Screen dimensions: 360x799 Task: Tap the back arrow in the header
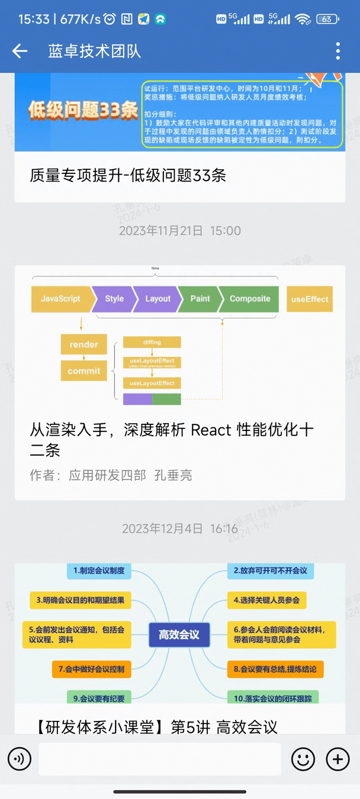pyautogui.click(x=20, y=51)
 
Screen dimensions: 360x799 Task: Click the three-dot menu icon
pyautogui.click(x=338, y=51)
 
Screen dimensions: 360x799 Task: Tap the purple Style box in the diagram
pyautogui.click(x=114, y=299)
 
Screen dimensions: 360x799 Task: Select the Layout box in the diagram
pyautogui.click(x=157, y=299)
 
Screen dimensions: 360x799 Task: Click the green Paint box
pyautogui.click(x=200, y=299)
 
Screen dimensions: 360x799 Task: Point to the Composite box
pyautogui.click(x=249, y=299)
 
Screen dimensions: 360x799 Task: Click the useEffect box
pyautogui.click(x=310, y=299)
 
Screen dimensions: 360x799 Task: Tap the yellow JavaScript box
pyautogui.click(x=60, y=299)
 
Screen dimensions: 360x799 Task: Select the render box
pyautogui.click(x=84, y=344)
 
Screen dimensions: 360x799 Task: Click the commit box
pyautogui.click(x=84, y=371)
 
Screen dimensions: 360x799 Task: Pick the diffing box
pyautogui.click(x=152, y=342)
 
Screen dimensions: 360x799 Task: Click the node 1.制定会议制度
pyautogui.click(x=99, y=571)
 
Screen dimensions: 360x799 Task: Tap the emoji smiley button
pyautogui.click(x=303, y=759)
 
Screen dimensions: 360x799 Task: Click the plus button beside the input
pyautogui.click(x=338, y=759)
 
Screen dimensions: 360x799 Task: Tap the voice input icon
pyautogui.click(x=20, y=759)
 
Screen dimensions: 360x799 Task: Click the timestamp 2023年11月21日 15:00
pyautogui.click(x=180, y=231)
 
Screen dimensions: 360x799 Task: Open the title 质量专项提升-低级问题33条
pyautogui.click(x=128, y=175)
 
